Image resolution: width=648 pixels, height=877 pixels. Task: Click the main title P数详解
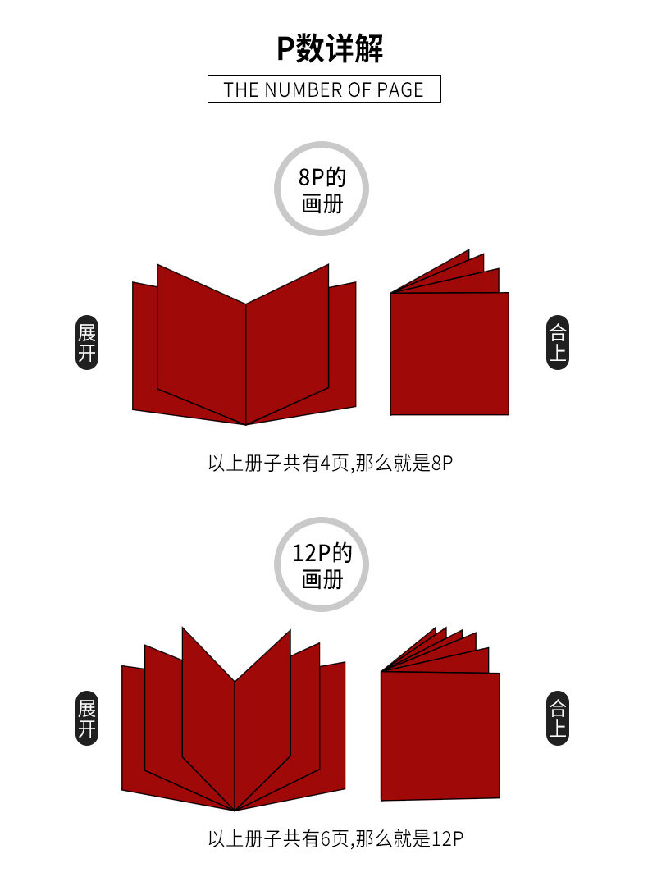click(x=330, y=48)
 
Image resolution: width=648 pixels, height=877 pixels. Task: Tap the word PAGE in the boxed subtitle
click(x=400, y=89)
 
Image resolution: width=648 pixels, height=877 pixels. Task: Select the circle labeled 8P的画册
click(x=322, y=189)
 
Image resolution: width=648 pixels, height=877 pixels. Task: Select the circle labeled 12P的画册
click(x=322, y=564)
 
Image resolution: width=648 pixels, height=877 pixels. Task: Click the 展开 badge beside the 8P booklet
click(x=87, y=343)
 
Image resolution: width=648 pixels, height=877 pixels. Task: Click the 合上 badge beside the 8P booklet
click(x=558, y=343)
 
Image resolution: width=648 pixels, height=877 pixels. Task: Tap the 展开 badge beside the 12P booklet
click(x=87, y=719)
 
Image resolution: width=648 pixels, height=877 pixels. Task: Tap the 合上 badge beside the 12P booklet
click(x=558, y=719)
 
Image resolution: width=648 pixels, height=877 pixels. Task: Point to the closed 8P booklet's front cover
click(x=449, y=354)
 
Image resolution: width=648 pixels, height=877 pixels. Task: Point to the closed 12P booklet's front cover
click(x=440, y=736)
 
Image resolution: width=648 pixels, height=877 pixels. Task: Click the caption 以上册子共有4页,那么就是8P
click(x=330, y=463)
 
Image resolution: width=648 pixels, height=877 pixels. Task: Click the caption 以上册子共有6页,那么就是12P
click(x=335, y=839)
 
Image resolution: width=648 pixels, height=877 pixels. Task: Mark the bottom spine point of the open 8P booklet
click(x=246, y=424)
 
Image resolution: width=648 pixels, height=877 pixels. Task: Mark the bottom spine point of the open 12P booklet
click(x=235, y=811)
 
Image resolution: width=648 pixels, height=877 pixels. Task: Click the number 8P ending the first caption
click(x=442, y=463)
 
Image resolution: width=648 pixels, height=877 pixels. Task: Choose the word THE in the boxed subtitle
click(x=241, y=89)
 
